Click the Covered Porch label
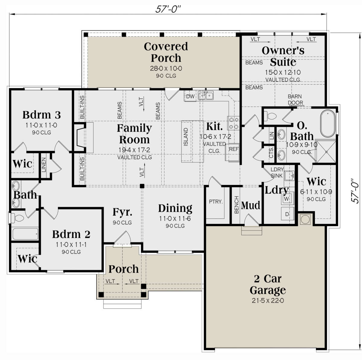pos(166,52)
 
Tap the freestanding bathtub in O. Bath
pos(328,123)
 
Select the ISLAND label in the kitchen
pos(186,137)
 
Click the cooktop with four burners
pos(233,123)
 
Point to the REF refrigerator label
pos(234,149)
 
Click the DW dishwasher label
pos(190,96)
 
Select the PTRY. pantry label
pos(216,202)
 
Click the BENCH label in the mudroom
pos(237,205)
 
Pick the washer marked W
pos(287,199)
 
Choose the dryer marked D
pos(287,214)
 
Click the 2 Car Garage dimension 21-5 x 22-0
pos(268,301)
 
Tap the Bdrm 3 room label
pos(42,115)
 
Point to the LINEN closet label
pos(43,165)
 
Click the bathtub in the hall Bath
pos(25,233)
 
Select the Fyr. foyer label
pos(122,212)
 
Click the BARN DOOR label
pos(295,100)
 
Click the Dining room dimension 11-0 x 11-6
pos(175,218)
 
